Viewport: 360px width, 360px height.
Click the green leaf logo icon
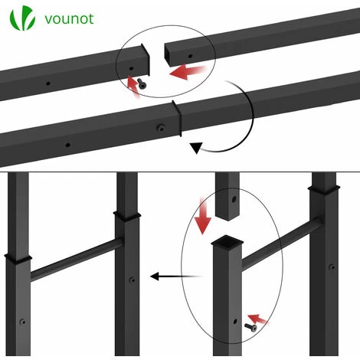(22, 18)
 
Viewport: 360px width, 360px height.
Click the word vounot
(69, 19)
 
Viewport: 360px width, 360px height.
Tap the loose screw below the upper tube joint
(142, 83)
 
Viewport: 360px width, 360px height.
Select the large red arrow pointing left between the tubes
(188, 72)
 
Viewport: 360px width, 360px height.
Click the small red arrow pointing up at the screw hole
(133, 87)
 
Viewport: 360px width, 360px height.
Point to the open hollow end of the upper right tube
(168, 54)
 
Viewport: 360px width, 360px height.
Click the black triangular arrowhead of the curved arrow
(196, 148)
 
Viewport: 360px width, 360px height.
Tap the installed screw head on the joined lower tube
(161, 128)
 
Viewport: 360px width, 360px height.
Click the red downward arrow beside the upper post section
(202, 215)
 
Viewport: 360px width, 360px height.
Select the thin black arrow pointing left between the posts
(176, 277)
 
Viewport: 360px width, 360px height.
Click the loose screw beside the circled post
(250, 327)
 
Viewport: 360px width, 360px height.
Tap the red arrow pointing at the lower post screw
(258, 319)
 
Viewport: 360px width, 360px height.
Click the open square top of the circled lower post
(227, 241)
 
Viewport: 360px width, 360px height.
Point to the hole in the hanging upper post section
(234, 199)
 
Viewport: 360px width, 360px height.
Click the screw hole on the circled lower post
(235, 321)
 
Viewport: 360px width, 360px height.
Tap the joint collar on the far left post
(18, 259)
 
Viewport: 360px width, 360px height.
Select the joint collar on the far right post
(324, 190)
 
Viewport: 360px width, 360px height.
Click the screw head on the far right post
(332, 267)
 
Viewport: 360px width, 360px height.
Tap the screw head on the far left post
(23, 322)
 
